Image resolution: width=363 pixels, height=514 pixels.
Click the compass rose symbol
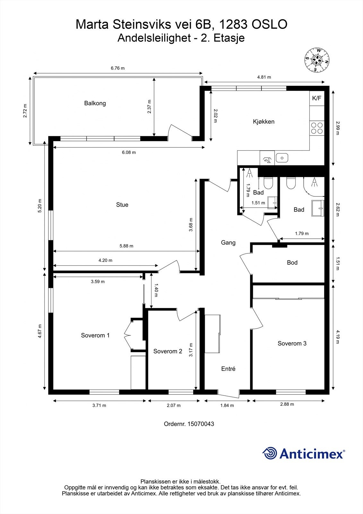point(317,60)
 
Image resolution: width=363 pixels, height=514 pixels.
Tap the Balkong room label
point(95,103)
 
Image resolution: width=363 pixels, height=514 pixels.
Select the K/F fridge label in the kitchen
point(317,98)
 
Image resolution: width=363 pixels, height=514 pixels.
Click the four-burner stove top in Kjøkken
point(317,128)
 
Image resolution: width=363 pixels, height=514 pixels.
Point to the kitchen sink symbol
point(282,158)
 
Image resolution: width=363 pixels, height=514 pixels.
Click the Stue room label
point(122,205)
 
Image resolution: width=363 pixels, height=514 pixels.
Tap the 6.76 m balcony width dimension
point(118,68)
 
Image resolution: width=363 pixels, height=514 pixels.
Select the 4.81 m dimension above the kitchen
point(264,77)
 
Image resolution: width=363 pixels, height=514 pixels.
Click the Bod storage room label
point(292,262)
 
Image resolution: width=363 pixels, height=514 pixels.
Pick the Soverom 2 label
point(168,351)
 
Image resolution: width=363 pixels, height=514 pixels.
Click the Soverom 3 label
point(292,343)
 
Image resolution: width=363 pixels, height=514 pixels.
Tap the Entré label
point(228,368)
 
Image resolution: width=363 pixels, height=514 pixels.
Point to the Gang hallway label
point(228,243)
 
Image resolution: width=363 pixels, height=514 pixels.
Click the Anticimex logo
point(304,453)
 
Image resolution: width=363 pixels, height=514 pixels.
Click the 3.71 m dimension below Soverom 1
point(99,405)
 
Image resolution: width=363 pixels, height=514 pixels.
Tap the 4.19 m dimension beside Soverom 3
point(337,337)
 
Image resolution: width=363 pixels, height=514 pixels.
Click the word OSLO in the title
point(269,24)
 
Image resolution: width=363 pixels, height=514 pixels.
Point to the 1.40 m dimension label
point(156,290)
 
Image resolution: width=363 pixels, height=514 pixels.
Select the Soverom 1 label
point(95,335)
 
